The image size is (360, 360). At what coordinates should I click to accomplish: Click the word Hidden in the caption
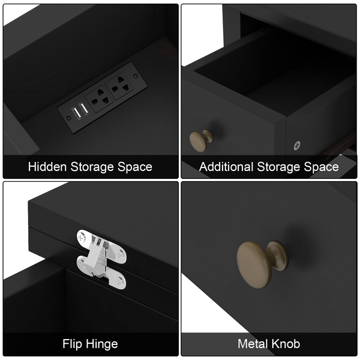47,166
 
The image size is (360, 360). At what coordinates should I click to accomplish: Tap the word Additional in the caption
226,166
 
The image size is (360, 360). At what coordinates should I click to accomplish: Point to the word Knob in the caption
286,344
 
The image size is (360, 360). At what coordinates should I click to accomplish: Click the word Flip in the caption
72,344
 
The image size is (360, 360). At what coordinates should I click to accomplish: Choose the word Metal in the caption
253,344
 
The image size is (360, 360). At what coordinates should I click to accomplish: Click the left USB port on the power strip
77,113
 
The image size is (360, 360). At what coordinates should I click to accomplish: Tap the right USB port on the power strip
84,109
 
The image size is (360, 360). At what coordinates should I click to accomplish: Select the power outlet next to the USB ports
100,99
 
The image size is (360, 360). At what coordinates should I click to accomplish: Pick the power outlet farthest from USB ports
119,86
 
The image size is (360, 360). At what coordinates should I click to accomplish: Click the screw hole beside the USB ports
68,118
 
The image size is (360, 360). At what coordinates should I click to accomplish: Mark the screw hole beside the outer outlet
136,76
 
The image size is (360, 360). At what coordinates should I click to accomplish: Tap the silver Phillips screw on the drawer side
297,146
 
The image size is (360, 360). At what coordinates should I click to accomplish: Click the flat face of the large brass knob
254,265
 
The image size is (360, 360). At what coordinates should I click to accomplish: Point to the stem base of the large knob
278,256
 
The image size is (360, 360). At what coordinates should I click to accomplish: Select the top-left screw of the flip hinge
81,237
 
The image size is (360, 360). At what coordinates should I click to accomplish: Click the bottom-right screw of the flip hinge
119,281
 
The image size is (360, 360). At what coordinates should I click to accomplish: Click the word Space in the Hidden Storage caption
135,167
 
